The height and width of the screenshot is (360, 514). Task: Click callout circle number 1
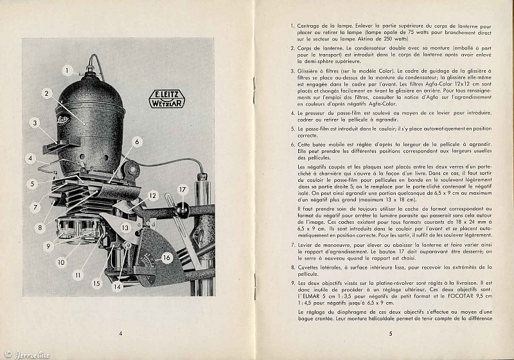pyautogui.click(x=67, y=71)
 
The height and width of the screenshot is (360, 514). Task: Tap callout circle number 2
pyautogui.click(x=47, y=93)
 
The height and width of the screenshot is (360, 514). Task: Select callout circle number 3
pyautogui.click(x=35, y=122)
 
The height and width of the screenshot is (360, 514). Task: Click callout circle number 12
pyautogui.click(x=152, y=195)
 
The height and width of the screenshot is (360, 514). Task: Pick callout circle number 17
pyautogui.click(x=182, y=190)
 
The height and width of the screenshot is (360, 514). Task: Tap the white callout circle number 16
pyautogui.click(x=166, y=258)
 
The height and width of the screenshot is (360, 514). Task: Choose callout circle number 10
pyautogui.click(x=60, y=262)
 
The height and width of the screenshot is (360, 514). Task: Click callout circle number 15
pyautogui.click(x=97, y=283)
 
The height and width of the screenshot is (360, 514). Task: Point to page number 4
pyautogui.click(x=120, y=333)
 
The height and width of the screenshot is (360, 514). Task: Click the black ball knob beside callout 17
pyautogui.click(x=182, y=208)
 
